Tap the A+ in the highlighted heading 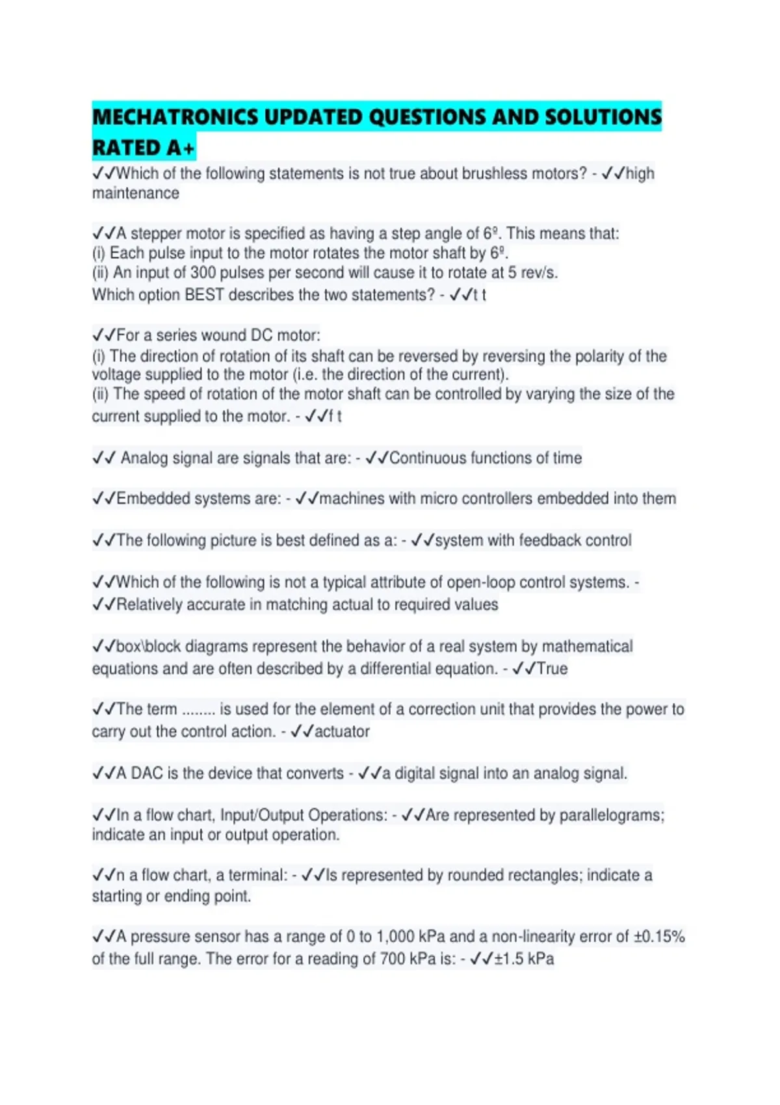coord(180,148)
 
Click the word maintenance coord(135,193)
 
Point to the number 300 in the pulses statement coord(203,273)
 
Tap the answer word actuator coord(342,732)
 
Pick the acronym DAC coord(147,773)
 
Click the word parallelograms coord(611,815)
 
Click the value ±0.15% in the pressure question coord(659,937)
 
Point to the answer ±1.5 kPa coord(524,959)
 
